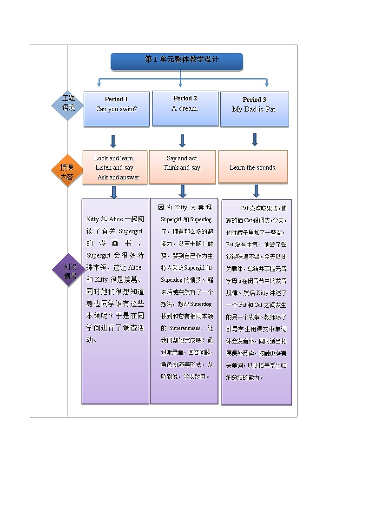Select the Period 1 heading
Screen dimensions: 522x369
[116, 99]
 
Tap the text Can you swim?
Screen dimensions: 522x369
[116, 109]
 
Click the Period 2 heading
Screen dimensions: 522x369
[185, 98]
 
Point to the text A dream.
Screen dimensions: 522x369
[184, 108]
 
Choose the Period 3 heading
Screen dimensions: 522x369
[254, 99]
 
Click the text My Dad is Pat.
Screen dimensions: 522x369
[254, 110]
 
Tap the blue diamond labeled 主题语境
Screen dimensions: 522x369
[68, 106]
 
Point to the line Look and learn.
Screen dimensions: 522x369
[114, 158]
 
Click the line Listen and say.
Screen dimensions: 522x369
[115, 167]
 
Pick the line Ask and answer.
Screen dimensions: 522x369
[119, 177]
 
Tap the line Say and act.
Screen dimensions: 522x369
[182, 158]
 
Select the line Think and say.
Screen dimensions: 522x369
[182, 167]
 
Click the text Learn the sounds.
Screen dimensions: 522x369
[253, 167]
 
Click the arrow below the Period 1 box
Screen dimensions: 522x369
[113, 141]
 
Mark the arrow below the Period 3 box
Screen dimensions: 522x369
[255, 139]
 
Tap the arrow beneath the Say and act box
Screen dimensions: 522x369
[183, 191]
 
